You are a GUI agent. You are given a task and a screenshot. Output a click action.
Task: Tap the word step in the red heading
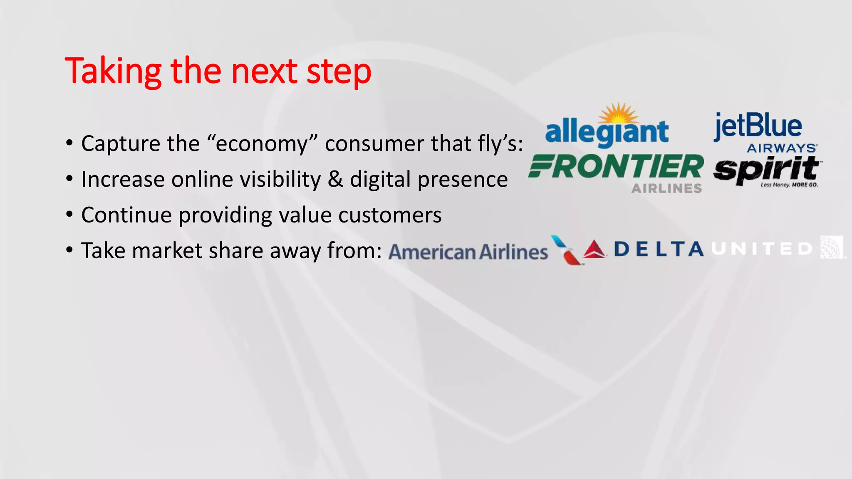pyautogui.click(x=339, y=72)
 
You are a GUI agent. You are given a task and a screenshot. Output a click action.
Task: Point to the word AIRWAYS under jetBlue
pyautogui.click(x=782, y=148)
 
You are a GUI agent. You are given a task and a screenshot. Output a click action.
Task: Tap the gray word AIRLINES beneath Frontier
pyautogui.click(x=666, y=189)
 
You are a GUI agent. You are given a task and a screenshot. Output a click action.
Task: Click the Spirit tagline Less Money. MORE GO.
pyautogui.click(x=789, y=185)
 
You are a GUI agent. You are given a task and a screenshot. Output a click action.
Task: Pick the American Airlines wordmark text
pyautogui.click(x=468, y=252)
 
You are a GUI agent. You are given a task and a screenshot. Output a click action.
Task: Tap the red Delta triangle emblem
pyautogui.click(x=594, y=249)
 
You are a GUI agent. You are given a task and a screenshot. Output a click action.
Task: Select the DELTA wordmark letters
pyautogui.click(x=658, y=249)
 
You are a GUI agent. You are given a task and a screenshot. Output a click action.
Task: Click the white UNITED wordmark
pyautogui.click(x=762, y=249)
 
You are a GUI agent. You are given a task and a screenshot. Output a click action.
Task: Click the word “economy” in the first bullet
pyautogui.click(x=262, y=144)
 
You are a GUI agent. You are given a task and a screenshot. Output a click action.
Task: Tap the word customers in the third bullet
pyautogui.click(x=390, y=215)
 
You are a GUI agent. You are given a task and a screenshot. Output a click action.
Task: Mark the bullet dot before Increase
pyautogui.click(x=69, y=179)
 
